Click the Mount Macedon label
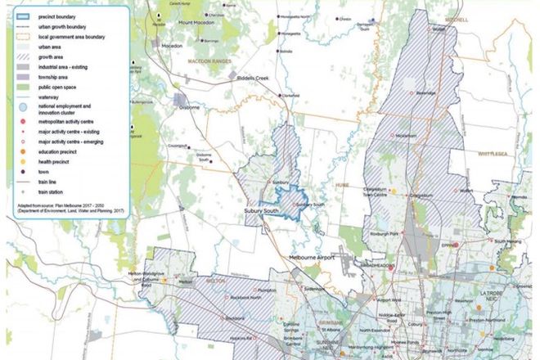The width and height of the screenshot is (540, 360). [x=197, y=21]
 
